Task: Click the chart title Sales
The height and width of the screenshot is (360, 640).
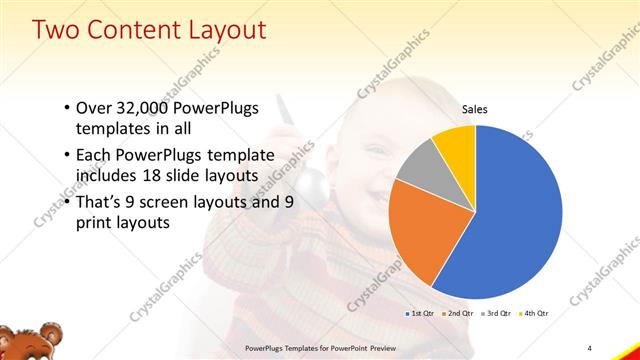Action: (x=475, y=110)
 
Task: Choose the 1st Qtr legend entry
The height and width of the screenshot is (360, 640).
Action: (x=419, y=314)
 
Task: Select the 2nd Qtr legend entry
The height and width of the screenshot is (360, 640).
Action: (x=459, y=314)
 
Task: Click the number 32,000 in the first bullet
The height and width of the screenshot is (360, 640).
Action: (x=145, y=108)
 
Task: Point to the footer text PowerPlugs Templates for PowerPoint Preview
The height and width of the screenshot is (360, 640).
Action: (x=316, y=346)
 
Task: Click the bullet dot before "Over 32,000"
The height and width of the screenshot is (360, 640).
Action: (x=66, y=108)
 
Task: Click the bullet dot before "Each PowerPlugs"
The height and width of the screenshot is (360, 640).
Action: (x=66, y=155)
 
